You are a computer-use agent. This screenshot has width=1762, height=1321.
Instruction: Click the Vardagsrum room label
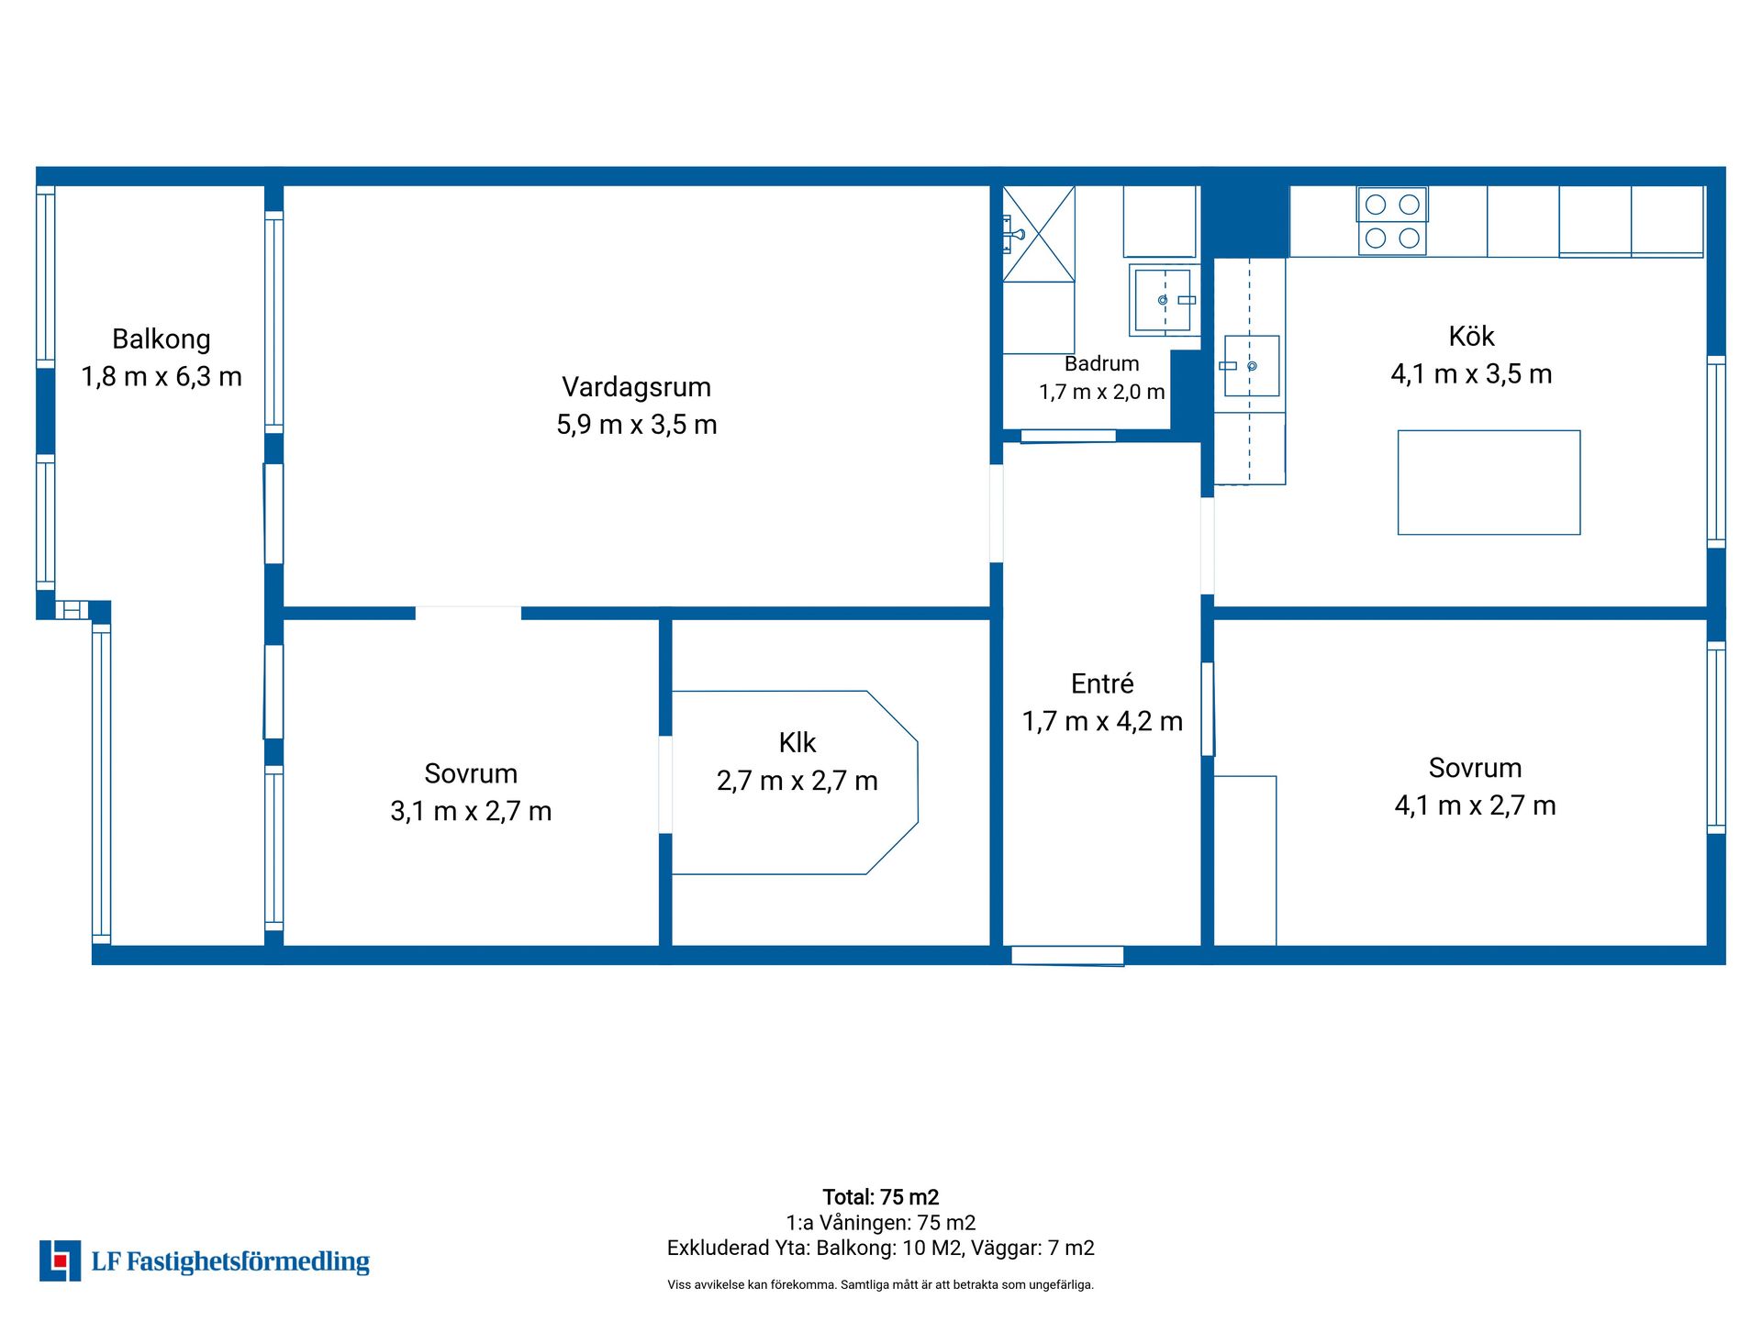click(636, 387)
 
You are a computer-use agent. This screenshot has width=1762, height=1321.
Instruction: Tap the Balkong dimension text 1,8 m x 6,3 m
click(162, 377)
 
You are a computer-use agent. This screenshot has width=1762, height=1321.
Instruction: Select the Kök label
click(1471, 337)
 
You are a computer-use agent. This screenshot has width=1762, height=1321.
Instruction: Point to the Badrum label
click(1101, 363)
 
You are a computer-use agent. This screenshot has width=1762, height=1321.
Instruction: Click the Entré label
click(1102, 683)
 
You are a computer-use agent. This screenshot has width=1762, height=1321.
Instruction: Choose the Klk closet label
click(797, 742)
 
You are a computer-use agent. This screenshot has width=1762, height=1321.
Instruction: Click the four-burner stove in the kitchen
click(1392, 221)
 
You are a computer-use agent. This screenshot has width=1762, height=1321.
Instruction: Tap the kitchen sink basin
click(1252, 366)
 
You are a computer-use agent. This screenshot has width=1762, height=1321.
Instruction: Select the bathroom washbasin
click(1164, 300)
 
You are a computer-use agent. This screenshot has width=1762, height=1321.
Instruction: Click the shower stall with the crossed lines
click(1039, 234)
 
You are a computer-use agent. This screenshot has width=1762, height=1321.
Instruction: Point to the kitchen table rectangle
click(1489, 483)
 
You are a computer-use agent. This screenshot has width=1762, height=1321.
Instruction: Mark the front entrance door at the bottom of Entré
click(1067, 956)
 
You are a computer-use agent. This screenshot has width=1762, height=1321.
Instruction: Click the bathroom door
click(1068, 436)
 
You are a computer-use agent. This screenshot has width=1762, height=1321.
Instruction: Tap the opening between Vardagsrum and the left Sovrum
click(468, 613)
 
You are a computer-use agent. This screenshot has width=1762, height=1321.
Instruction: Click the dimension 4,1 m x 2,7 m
click(1475, 805)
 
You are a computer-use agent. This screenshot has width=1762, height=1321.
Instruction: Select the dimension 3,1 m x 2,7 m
click(471, 811)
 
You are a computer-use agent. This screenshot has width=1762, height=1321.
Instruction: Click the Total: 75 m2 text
click(881, 1197)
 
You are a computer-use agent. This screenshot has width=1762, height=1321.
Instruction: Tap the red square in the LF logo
click(61, 1261)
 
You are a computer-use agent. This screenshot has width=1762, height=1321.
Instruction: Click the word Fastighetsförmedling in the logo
click(248, 1262)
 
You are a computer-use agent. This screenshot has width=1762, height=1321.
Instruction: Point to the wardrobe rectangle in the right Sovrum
click(1245, 860)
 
